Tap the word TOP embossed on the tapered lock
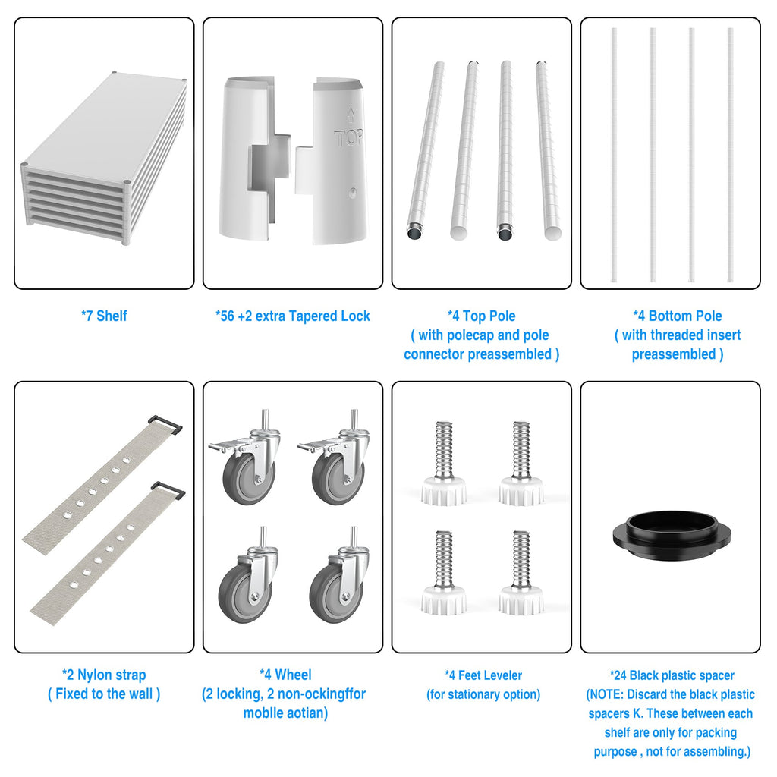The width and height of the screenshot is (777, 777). [349, 138]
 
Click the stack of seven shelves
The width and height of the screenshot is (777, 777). [104, 159]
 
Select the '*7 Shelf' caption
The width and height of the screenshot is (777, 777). [104, 316]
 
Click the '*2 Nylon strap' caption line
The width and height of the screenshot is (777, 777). [104, 675]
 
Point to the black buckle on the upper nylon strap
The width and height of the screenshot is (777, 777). [165, 424]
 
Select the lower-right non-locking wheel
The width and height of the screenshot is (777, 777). [339, 575]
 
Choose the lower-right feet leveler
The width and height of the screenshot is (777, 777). [521, 573]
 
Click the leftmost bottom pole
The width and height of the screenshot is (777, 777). [614, 155]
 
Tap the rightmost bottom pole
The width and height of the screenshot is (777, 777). [731, 155]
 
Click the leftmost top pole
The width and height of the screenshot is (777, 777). [425, 151]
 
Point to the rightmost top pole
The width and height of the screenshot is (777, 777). [548, 151]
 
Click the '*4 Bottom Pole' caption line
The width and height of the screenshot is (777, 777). [678, 316]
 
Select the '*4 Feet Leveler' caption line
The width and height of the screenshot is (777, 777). [483, 675]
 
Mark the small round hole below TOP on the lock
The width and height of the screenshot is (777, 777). [352, 192]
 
